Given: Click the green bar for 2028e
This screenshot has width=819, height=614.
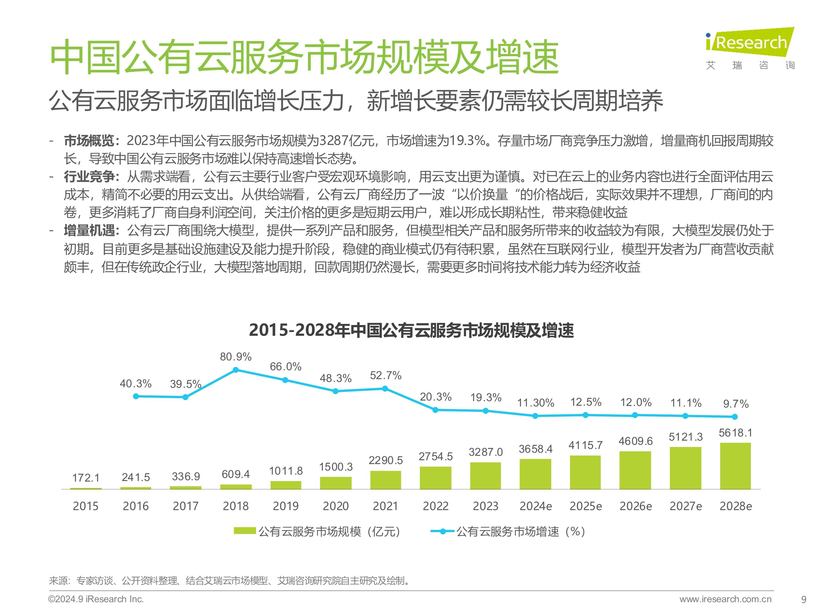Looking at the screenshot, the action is coord(735,466).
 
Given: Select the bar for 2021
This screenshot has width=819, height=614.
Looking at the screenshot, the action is coord(385,480).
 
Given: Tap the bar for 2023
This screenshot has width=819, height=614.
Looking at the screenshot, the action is coord(485,476).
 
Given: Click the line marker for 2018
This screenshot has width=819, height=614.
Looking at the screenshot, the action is coord(236,370).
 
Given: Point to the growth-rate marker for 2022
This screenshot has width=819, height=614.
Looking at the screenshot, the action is coord(435,410).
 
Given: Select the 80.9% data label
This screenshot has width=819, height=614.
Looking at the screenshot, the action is coord(236,357).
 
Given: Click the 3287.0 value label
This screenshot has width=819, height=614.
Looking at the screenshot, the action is coord(486,452).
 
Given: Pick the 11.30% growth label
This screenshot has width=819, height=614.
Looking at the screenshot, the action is coord(536,403).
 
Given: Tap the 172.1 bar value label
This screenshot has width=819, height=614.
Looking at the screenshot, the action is coord(86,478).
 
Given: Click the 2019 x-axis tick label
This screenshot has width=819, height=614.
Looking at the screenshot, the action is coord(286,506).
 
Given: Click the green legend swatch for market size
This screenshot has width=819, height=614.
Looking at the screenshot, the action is coord(245,531).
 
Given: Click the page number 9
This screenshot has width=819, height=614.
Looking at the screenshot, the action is coord(803,600).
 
